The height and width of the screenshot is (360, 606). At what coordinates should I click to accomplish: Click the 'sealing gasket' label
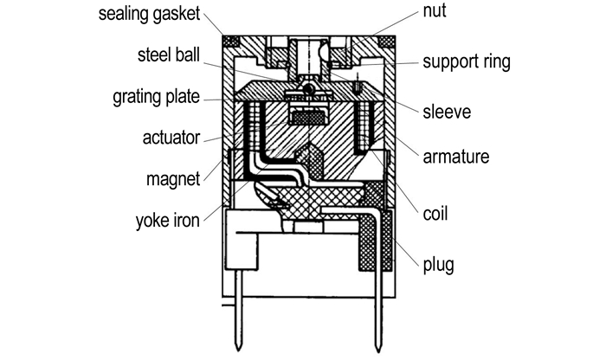pos(150,15)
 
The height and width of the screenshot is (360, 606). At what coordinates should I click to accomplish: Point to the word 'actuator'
pos(171,138)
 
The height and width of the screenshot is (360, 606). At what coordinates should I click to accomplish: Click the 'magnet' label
pos(174,179)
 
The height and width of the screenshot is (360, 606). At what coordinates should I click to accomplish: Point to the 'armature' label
pos(456,157)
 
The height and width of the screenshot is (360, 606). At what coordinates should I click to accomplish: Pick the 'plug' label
pos(437,260)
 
